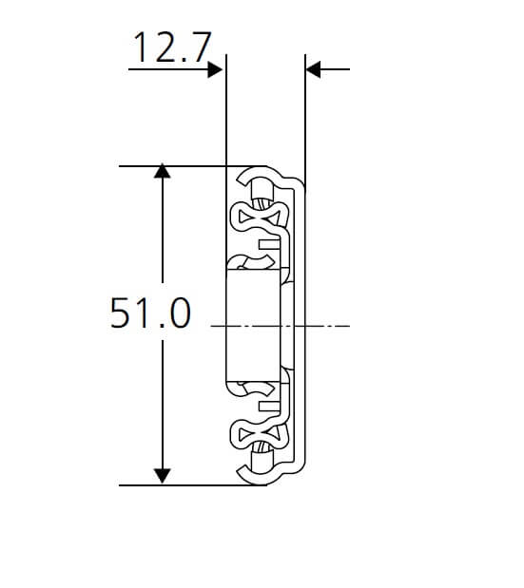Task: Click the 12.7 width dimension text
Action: point(169,47)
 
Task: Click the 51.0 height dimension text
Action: point(149,313)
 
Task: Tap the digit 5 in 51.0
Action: point(121,313)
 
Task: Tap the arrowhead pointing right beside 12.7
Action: point(215,69)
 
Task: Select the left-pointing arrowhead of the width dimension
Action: point(315,69)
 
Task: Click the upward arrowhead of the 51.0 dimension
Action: point(163,173)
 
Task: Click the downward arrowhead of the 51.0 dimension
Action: point(163,476)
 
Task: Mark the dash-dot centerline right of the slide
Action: point(328,326)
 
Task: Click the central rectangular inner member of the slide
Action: point(254,326)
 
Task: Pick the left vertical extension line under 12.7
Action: point(225,114)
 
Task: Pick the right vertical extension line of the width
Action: point(305,114)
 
